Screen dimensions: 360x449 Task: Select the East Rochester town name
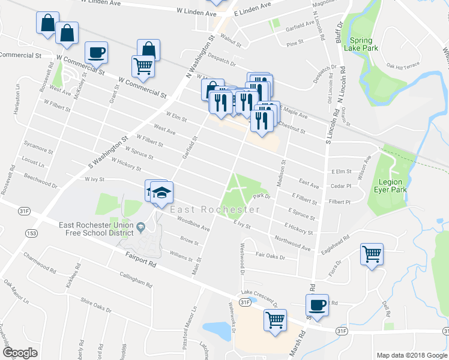[215, 209]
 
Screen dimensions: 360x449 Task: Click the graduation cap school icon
[161, 193]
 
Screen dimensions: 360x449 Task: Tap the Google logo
[20, 353]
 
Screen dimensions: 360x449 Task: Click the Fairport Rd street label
[140, 259]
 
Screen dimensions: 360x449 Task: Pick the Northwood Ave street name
[292, 243]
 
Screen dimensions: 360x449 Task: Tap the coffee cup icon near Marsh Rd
[318, 305]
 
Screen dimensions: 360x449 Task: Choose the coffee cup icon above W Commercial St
[96, 52]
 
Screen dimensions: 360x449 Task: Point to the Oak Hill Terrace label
[403, 66]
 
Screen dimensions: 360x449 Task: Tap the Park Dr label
[263, 196]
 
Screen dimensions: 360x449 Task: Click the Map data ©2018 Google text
[412, 355]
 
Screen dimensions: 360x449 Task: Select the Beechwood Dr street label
[41, 182]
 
